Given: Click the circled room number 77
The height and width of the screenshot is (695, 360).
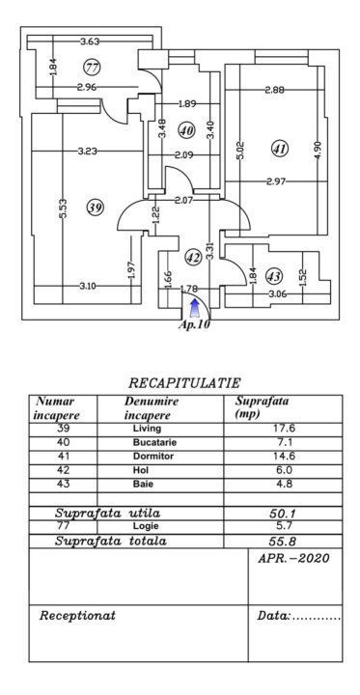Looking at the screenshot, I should click(93, 68).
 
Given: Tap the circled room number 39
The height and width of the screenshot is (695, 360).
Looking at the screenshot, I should click(94, 208).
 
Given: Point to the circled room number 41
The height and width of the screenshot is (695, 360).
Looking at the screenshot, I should click(280, 149).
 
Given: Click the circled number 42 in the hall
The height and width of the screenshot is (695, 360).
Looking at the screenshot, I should click(193, 258).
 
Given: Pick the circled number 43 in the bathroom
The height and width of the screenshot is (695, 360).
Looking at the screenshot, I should click(274, 274).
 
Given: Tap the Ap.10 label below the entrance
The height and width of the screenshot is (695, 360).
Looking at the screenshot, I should click(195, 325).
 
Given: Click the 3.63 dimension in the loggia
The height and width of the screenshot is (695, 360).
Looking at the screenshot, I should click(90, 42).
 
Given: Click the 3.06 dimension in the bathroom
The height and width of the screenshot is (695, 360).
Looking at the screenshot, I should click(277, 293).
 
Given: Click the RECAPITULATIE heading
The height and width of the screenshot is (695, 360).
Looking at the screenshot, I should click(184, 383).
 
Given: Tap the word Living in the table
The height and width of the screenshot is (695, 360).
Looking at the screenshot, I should click(150, 429).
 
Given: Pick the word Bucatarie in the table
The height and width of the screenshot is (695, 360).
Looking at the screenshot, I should click(153, 442).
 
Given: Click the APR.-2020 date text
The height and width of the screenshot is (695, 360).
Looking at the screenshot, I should click(293, 559).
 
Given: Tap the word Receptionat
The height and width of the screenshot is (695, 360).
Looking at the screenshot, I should click(77, 615).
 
